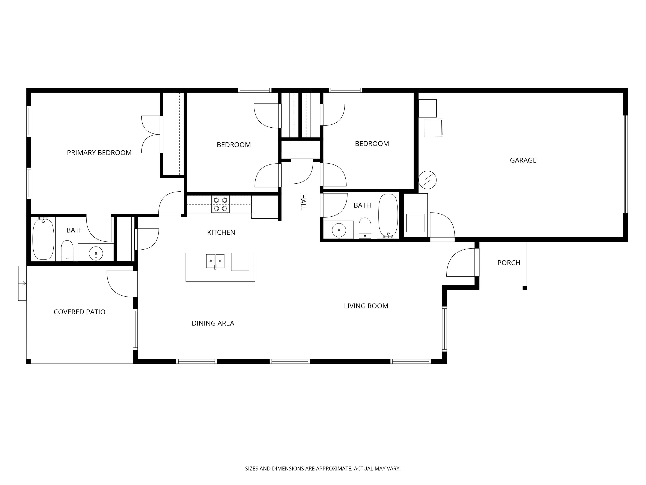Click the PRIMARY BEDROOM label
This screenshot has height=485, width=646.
coord(99,153)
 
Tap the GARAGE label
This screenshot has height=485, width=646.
coord(523,160)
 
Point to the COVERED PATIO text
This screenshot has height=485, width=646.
coord(79,312)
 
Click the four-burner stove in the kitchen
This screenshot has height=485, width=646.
coord(220,204)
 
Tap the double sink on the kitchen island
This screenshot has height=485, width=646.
coord(215,261)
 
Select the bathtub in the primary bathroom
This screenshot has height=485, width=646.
coord(43,239)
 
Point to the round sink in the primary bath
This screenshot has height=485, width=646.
coord(96,253)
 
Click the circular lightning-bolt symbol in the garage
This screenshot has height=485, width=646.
coord(427,180)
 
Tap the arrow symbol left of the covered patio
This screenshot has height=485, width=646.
coord(24,283)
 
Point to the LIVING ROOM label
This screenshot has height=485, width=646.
coord(366,306)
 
